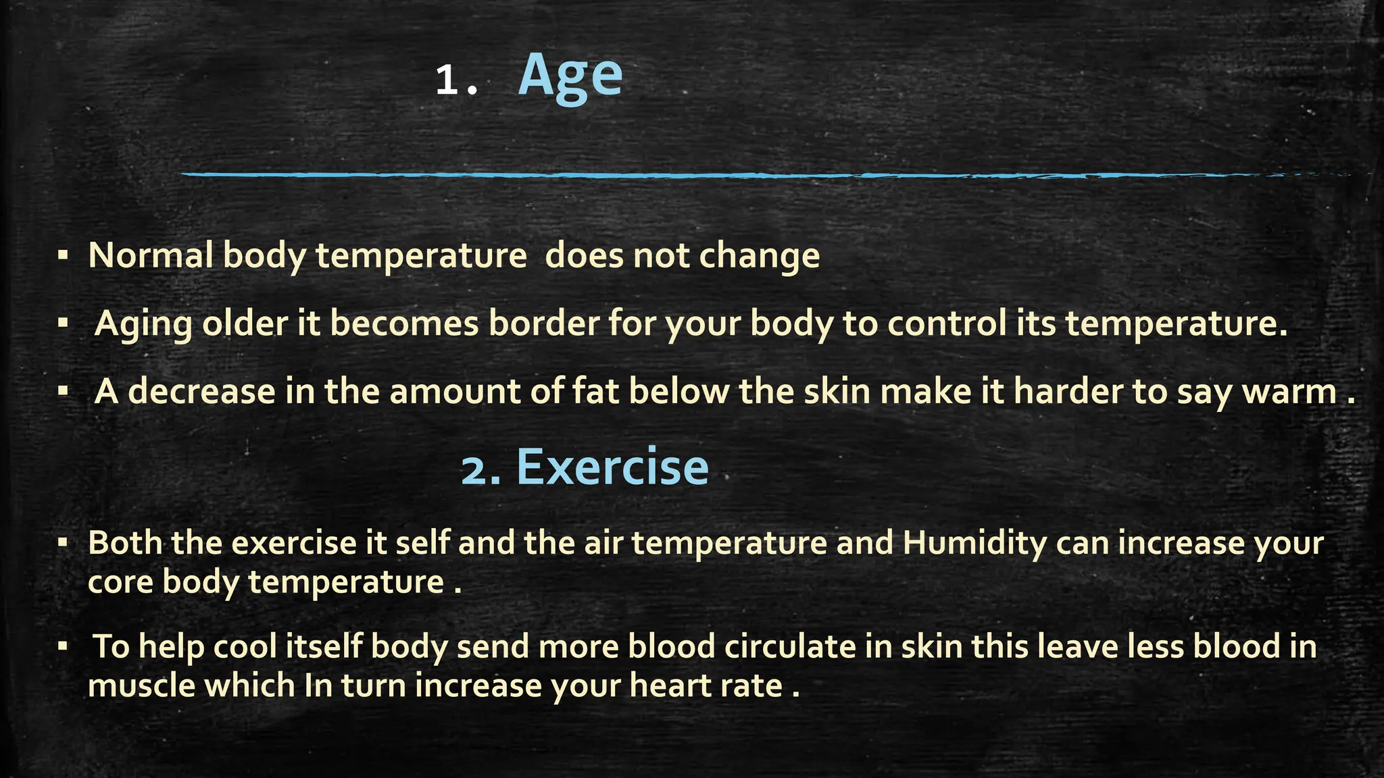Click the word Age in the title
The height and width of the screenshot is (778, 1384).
(x=570, y=77)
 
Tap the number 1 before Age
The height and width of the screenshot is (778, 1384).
(x=447, y=81)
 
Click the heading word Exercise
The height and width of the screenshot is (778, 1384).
(x=612, y=467)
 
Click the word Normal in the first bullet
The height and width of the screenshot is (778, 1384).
(x=151, y=255)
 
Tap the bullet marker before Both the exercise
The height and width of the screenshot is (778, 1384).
(x=63, y=542)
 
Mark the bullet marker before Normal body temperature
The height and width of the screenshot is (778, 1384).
(x=63, y=255)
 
